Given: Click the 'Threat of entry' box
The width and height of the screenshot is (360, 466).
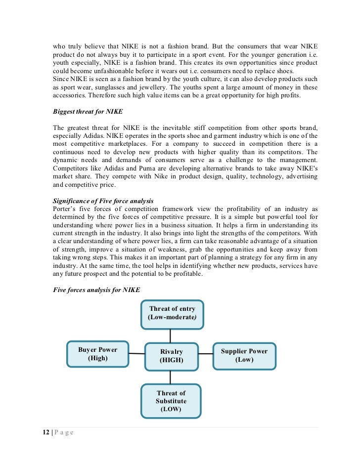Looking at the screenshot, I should pyautogui.click(x=172, y=314).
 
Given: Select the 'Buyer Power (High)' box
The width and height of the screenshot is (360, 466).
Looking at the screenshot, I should pyautogui.click(x=97, y=354).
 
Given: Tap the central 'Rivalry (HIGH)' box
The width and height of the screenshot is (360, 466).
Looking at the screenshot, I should pyautogui.click(x=171, y=356).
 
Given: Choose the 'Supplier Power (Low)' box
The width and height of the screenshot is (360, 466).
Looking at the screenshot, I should pyautogui.click(x=244, y=355).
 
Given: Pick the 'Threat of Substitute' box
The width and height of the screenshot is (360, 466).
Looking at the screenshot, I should pyautogui.click(x=171, y=401).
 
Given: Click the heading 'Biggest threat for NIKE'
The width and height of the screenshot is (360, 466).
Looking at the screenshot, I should pyautogui.click(x=91, y=111).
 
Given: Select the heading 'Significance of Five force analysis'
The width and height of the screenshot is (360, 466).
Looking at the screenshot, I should pyautogui.click(x=103, y=201).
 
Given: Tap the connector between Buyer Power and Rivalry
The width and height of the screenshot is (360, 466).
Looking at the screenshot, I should pyautogui.click(x=137, y=353).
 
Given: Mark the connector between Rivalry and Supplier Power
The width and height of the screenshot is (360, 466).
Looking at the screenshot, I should pyautogui.click(x=205, y=354).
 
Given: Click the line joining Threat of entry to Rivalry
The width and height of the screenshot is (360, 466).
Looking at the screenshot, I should pyautogui.click(x=171, y=336).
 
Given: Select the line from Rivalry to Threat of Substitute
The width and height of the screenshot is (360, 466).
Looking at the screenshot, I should pyautogui.click(x=171, y=377).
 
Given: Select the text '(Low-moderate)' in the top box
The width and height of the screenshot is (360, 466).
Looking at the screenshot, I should pyautogui.click(x=173, y=318).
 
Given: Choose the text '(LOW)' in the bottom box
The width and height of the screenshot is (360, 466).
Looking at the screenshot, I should pyautogui.click(x=171, y=409).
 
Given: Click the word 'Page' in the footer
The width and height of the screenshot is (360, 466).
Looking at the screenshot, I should pyautogui.click(x=63, y=433).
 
